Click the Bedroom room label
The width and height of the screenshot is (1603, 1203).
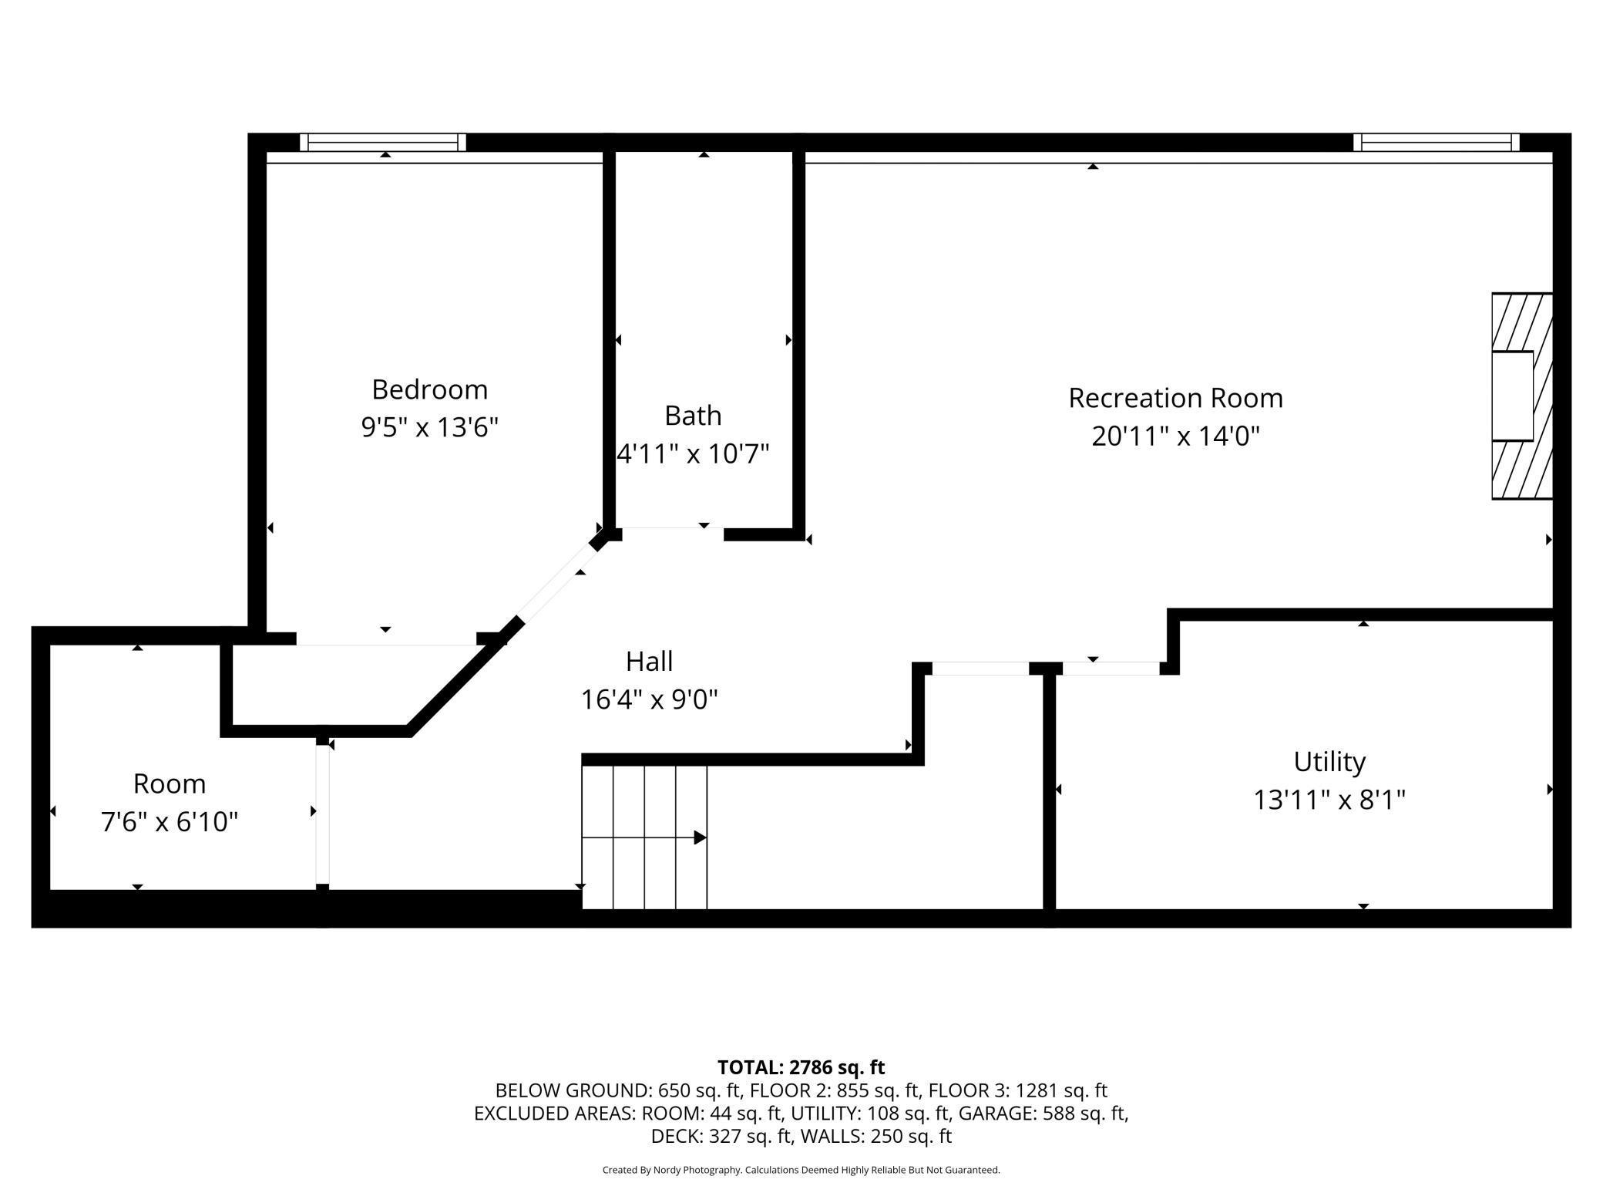point(429,389)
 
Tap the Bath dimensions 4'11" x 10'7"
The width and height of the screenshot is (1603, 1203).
point(693,453)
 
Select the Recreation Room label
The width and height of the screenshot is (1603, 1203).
point(1175,398)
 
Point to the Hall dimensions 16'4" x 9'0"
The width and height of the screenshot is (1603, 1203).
point(649,699)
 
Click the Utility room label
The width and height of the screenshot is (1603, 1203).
point(1329,762)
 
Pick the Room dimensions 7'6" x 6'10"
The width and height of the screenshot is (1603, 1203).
point(170,822)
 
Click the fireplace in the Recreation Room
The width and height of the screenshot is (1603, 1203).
point(1522,396)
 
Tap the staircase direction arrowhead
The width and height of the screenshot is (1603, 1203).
point(700,837)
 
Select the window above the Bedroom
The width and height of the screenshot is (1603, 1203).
point(383,142)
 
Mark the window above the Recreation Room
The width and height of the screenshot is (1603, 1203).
point(1437,142)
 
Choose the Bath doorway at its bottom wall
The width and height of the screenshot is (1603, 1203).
point(673,528)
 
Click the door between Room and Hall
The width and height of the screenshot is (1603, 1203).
point(323,814)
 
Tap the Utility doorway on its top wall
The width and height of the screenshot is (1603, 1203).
point(1111,669)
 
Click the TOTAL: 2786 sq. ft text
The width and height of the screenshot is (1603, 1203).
point(801,1067)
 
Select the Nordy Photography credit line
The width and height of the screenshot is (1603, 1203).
point(801,1170)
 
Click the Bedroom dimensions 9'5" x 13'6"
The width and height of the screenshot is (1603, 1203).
point(430,427)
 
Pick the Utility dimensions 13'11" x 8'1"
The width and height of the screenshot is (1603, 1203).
point(1329,800)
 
